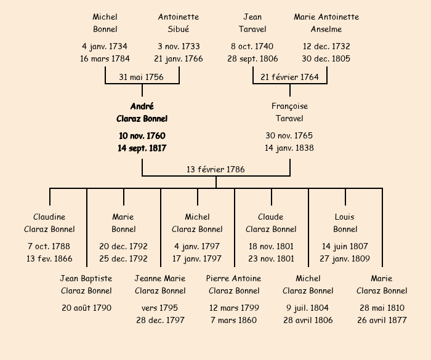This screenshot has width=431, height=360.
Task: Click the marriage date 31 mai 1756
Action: point(142,77)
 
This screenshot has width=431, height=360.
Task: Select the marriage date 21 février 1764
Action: point(289,77)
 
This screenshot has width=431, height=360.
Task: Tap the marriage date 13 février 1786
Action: point(216,169)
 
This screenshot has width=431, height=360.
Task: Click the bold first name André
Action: point(142,106)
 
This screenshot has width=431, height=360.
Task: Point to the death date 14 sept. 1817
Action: point(142,148)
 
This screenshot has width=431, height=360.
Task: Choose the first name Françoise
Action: point(289,106)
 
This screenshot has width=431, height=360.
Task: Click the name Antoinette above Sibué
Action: point(179,17)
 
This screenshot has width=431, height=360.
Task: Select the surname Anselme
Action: point(326,29)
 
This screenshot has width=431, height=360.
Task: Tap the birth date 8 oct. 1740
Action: point(252,46)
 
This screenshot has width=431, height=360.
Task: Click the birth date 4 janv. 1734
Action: point(105,46)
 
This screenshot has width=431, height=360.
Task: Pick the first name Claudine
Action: point(49,217)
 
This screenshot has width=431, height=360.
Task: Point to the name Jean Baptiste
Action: point(86,278)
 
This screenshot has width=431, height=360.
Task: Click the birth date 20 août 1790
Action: point(86,308)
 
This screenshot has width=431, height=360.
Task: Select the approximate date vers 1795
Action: point(160,308)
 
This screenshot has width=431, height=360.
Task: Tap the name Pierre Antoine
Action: point(234,278)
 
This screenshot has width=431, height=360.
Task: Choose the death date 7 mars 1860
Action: point(234,320)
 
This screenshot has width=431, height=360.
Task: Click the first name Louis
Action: point(345,217)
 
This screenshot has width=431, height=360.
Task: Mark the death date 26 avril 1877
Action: point(382,320)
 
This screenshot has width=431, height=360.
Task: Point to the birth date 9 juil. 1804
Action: point(308,308)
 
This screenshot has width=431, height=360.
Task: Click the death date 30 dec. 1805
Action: point(326,58)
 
